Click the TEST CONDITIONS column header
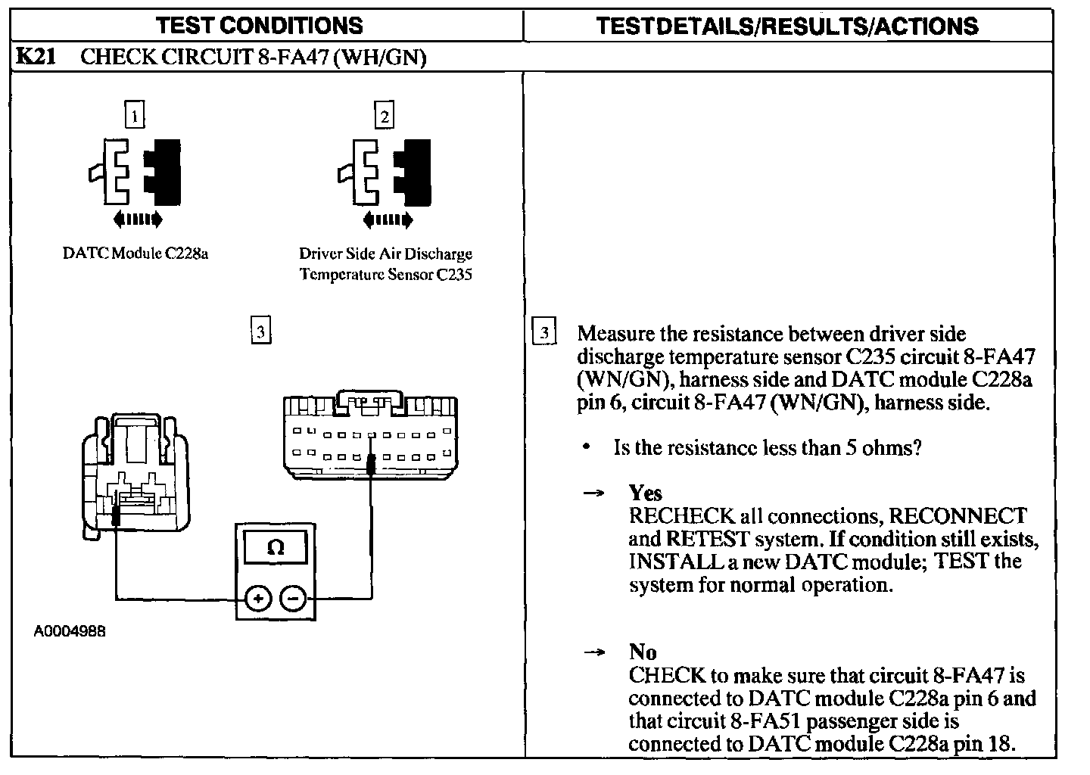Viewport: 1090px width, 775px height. tap(260, 26)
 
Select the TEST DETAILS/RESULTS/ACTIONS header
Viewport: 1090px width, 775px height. tap(786, 26)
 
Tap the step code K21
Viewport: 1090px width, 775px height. tap(35, 57)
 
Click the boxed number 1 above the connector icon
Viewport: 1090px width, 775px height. tap(134, 116)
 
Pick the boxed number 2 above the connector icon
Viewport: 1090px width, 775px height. tap(385, 116)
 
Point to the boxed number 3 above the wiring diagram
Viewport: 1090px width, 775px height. tap(260, 331)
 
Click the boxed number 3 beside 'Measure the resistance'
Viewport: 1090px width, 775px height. tap(544, 333)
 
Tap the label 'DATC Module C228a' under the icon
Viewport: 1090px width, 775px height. tap(135, 254)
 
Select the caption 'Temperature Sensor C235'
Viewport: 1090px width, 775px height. tap(385, 275)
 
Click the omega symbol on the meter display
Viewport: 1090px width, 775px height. tap(276, 547)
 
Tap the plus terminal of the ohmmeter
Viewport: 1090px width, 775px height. tap(257, 599)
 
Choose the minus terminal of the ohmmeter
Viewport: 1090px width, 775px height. tap(293, 599)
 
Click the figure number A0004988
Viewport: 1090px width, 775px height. tap(69, 630)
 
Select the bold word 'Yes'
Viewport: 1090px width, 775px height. tap(645, 493)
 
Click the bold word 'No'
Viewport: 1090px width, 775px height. tap(642, 652)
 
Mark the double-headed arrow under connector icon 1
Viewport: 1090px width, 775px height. tap(137, 219)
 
